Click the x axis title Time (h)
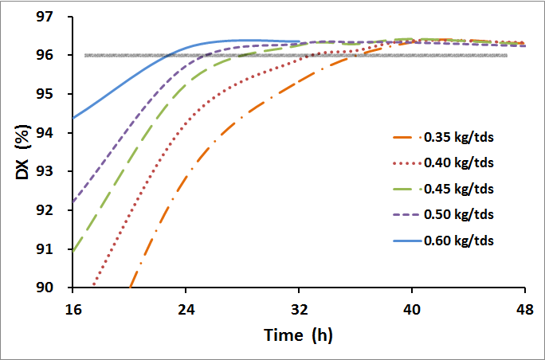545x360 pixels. (x=298, y=335)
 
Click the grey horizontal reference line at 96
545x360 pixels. (x=446, y=55)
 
